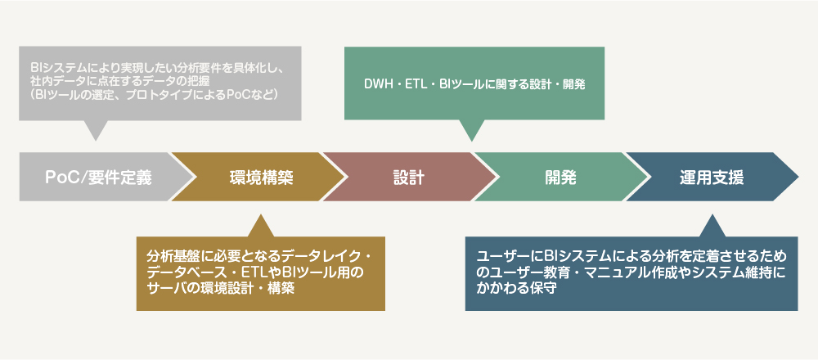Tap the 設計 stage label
[408, 177]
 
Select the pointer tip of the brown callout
[259, 214]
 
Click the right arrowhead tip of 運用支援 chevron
[798, 177]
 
